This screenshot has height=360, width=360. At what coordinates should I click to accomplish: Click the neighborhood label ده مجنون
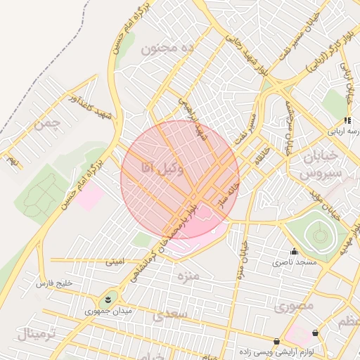pos(167,48)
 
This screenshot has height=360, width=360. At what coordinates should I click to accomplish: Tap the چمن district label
pos(47,125)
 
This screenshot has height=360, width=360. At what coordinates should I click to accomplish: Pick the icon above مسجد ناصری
pos(294,251)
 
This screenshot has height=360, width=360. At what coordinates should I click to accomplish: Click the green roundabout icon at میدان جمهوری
pos(109,297)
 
